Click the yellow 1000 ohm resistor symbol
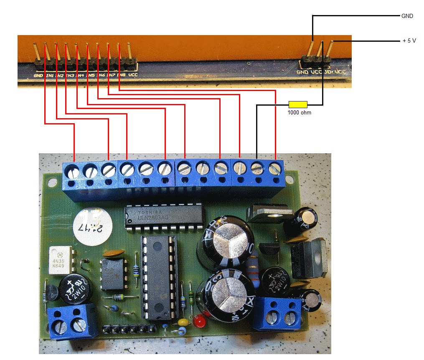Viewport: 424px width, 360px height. click(298, 104)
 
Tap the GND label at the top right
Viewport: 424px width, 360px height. click(407, 16)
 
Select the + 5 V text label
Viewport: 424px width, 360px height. click(409, 41)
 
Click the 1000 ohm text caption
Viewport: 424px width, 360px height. click(299, 113)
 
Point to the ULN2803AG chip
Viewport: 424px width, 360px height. click(163, 217)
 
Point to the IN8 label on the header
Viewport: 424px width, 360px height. click(121, 75)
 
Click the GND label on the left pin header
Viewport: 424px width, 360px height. click(38, 76)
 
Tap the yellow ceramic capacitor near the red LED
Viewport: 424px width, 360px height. click(183, 322)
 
